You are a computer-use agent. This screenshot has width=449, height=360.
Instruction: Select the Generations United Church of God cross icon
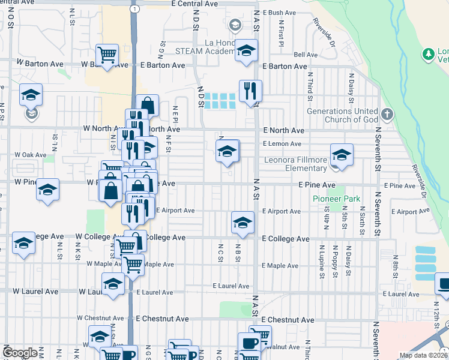point(388,113)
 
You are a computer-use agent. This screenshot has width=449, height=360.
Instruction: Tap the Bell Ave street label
point(306,55)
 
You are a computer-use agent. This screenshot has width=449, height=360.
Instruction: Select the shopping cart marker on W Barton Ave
point(107,55)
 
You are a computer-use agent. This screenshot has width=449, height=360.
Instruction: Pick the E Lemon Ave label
point(282,144)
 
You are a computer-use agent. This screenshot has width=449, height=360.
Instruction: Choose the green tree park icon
point(428,55)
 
